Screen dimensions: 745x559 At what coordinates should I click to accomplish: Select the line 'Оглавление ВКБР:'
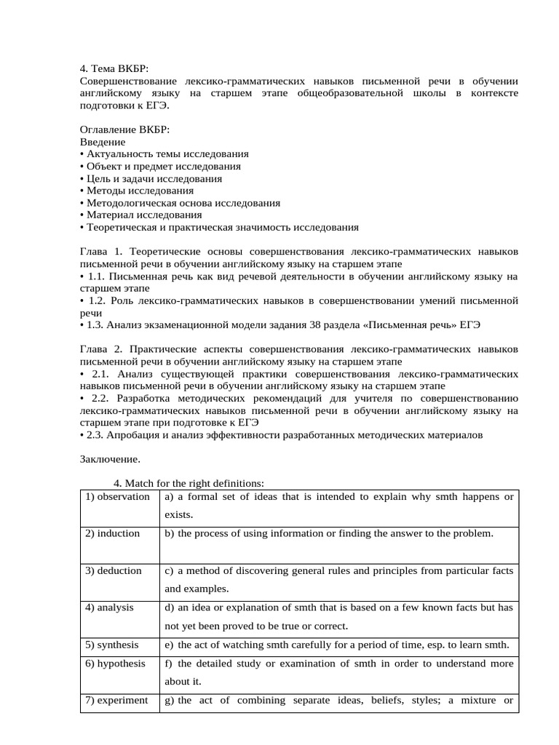124,130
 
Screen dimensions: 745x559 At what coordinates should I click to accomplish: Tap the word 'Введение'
102,142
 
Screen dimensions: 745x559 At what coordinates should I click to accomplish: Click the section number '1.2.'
96,300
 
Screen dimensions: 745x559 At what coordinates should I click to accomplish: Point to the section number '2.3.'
95,435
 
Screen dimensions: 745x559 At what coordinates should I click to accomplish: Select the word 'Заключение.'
109,460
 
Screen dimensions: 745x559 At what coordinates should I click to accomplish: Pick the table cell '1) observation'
118,497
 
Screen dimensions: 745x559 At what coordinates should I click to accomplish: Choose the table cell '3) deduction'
114,571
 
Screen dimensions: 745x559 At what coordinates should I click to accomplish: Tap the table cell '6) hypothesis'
116,664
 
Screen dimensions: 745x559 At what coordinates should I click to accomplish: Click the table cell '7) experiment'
116,701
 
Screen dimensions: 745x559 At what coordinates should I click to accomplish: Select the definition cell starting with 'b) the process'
338,533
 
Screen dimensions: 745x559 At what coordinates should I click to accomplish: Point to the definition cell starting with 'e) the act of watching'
338,645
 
